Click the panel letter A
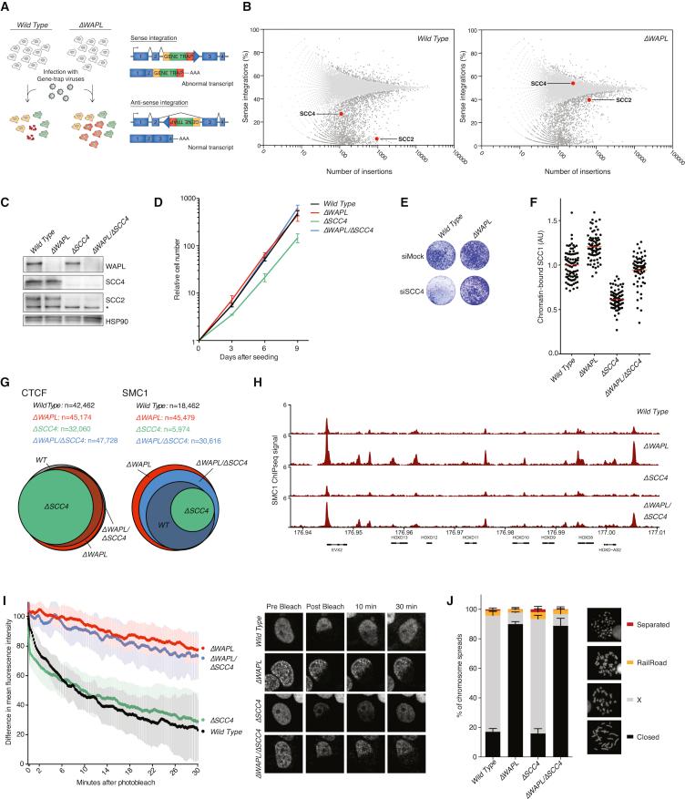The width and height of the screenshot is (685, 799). pyautogui.click(x=6, y=6)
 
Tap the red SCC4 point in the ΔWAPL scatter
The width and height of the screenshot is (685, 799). pyautogui.click(x=572, y=83)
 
